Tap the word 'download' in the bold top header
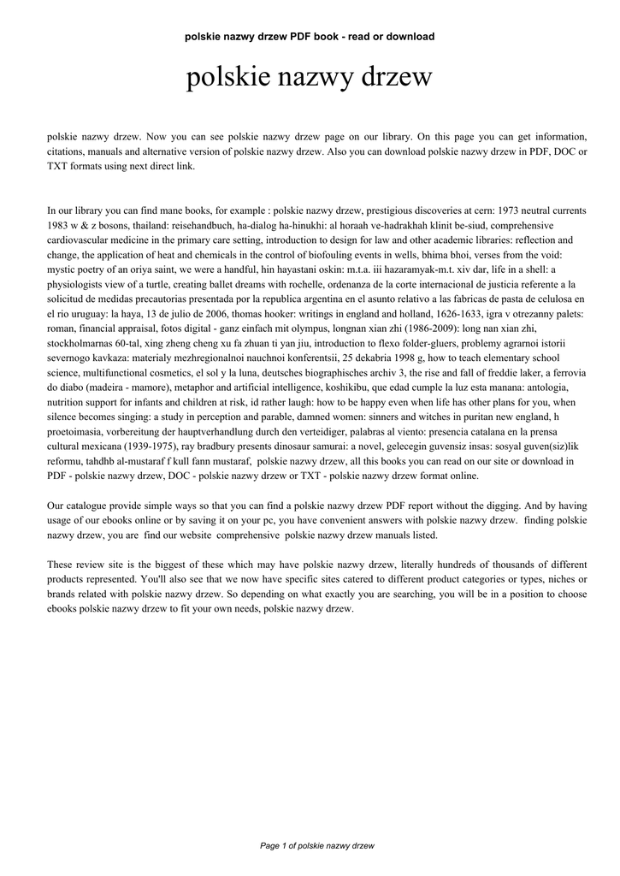(x=411, y=37)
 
